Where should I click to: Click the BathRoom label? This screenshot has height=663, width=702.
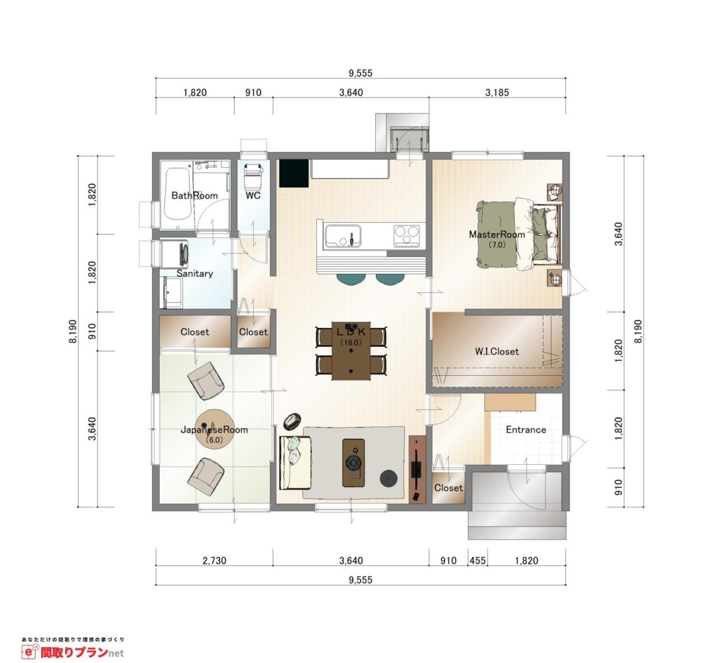(x=194, y=195)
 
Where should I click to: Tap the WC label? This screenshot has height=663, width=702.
(x=253, y=195)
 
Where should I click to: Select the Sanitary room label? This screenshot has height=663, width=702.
(x=194, y=273)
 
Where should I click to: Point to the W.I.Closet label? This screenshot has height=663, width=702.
(x=496, y=351)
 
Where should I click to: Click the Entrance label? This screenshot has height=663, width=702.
(x=526, y=430)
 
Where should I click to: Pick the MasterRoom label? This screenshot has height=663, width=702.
(x=496, y=234)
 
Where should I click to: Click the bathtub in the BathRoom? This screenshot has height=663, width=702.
(x=178, y=199)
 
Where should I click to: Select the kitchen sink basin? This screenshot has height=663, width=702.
(x=343, y=236)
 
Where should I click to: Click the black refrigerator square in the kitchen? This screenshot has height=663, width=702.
(x=294, y=173)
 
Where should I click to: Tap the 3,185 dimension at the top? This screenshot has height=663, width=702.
(x=497, y=93)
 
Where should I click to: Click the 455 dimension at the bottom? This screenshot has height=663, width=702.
(x=478, y=560)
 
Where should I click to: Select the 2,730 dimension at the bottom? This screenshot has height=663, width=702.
(x=214, y=560)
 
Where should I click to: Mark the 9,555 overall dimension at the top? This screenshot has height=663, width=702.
(x=361, y=73)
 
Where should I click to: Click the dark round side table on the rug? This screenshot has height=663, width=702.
(x=388, y=479)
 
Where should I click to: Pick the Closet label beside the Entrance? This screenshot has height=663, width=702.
(x=448, y=487)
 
